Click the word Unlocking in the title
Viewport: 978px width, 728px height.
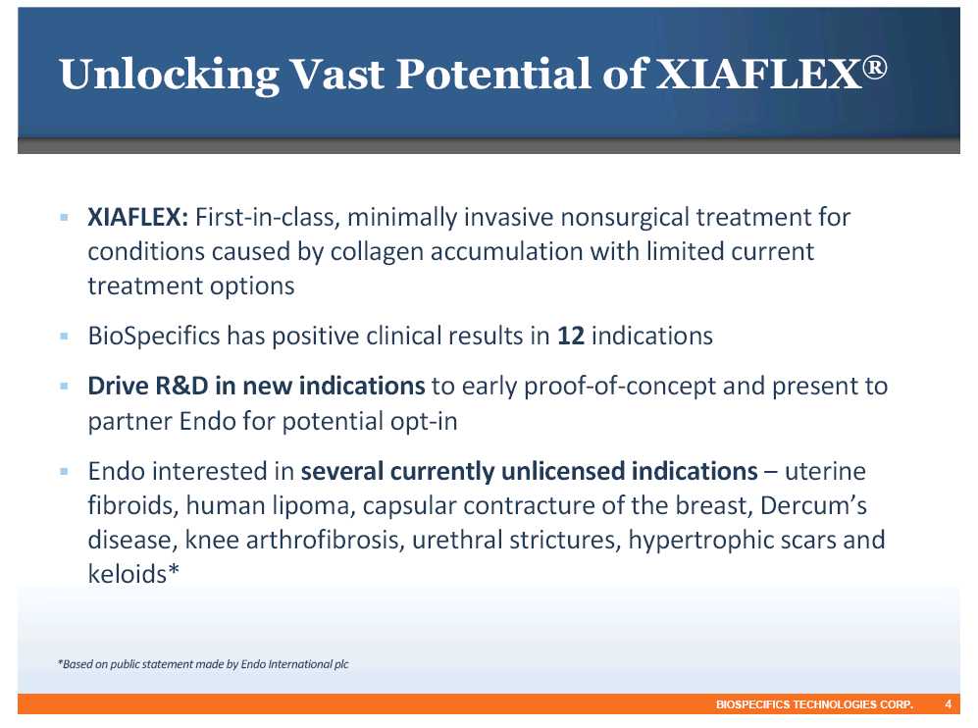(x=169, y=75)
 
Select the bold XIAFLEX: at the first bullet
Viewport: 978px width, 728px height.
(x=138, y=217)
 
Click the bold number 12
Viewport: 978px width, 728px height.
(x=571, y=336)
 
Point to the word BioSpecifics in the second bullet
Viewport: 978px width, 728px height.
(x=154, y=337)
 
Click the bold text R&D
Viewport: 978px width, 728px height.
(x=181, y=386)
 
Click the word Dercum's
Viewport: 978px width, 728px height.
(x=813, y=504)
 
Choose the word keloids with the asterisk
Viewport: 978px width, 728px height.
(x=133, y=574)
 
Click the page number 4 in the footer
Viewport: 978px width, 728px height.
(x=948, y=704)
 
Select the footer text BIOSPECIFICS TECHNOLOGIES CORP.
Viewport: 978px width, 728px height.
(x=814, y=704)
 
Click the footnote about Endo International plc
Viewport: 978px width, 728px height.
(x=203, y=664)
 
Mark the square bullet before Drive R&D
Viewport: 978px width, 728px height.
(x=64, y=387)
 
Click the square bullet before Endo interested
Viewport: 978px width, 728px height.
(x=64, y=471)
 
